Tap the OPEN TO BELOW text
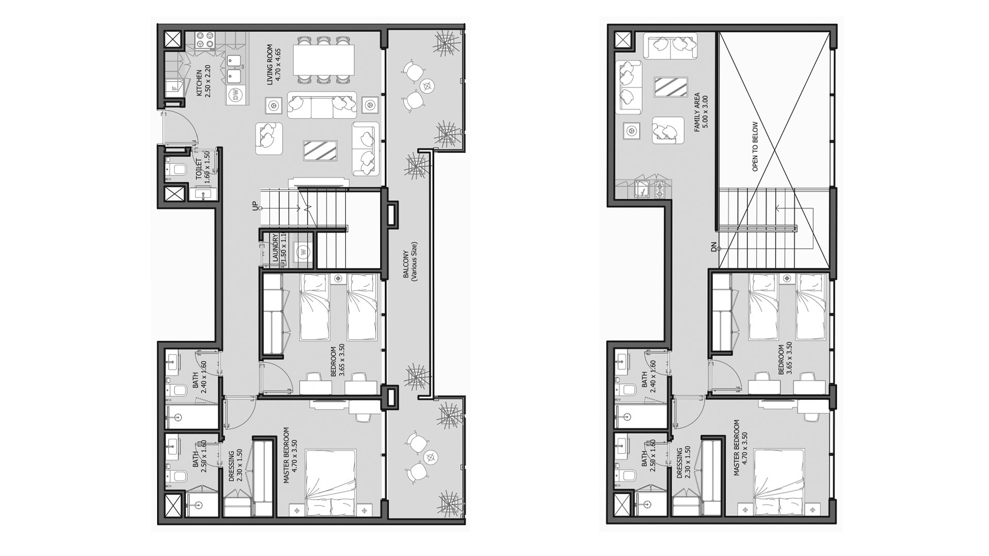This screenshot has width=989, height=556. tap(756, 146)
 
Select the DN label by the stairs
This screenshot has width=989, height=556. tap(714, 249)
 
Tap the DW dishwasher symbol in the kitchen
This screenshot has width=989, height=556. tap(236, 95)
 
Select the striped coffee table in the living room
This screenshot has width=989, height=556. tap(320, 150)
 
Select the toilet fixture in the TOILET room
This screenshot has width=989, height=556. tap(176, 169)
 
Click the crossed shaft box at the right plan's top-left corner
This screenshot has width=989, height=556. tap(622, 40)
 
